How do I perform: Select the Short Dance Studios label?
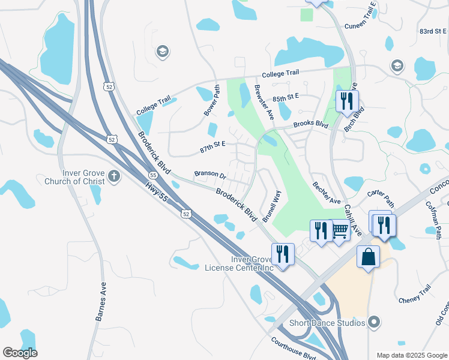tap(328, 323)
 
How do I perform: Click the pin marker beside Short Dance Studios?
tap(375, 323)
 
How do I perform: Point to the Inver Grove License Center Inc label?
tap(239, 263)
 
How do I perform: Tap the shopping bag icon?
tap(368, 257)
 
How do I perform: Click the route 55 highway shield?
tap(153, 175)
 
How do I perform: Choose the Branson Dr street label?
tap(209, 175)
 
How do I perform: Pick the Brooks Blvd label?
tap(310, 125)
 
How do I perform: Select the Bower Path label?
tap(211, 100)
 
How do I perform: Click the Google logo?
tap(20, 353)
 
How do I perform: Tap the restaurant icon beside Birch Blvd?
tap(346, 102)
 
